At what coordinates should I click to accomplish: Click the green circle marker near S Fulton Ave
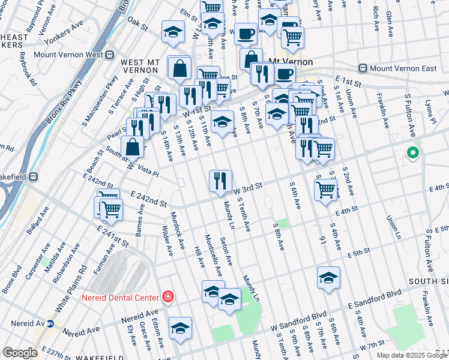coord(412,153)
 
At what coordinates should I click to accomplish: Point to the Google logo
coord(20,353)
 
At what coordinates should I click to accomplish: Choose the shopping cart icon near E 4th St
coord(325,189)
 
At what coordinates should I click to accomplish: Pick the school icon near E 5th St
coord(328,277)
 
